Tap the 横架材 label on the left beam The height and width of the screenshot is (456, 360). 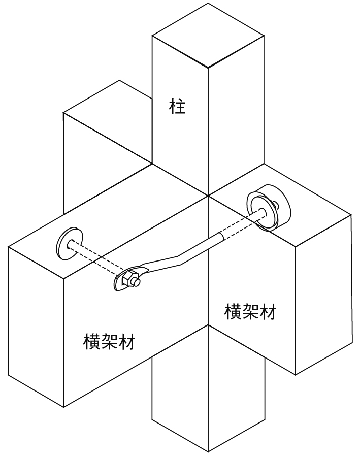109,342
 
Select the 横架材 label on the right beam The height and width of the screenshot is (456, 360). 250,311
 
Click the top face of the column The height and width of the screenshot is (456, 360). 208,36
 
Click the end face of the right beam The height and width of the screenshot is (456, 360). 323,295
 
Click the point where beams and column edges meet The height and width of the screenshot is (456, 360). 208,195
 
